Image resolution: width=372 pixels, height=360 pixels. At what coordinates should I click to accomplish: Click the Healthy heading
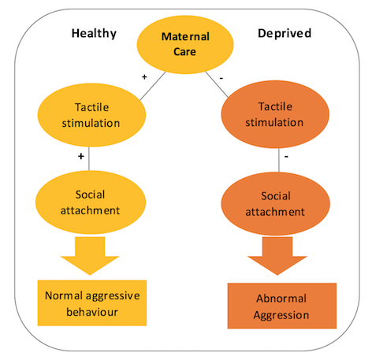94,34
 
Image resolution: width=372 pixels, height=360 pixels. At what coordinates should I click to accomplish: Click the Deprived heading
285,33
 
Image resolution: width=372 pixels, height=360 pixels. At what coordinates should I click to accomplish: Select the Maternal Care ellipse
185,44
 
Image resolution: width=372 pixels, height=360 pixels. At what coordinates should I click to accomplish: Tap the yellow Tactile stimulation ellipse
91,115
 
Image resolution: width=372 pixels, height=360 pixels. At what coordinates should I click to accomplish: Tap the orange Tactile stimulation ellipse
275,114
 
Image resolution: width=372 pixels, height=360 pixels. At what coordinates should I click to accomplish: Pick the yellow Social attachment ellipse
91,202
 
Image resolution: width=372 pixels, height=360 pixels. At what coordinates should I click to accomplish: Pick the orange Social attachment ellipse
275,204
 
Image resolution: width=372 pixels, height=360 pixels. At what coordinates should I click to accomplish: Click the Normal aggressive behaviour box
92,303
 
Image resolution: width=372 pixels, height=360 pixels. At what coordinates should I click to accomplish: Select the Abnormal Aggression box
282,306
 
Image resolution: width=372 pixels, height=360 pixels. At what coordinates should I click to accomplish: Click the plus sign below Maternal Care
144,77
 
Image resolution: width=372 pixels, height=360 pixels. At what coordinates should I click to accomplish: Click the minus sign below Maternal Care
221,78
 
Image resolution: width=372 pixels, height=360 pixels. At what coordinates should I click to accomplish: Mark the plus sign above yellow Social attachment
81,156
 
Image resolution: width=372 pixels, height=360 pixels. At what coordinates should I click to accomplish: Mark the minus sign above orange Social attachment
286,157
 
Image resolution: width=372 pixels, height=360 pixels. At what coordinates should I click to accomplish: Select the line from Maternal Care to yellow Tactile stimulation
153,86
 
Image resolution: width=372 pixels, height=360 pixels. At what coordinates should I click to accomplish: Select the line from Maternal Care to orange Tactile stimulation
217,84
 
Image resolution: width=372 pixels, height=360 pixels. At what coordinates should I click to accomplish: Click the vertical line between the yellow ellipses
89,158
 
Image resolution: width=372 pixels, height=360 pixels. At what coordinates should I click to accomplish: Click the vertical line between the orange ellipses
279,160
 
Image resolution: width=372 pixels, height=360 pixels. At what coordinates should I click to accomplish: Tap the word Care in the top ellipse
184,52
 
